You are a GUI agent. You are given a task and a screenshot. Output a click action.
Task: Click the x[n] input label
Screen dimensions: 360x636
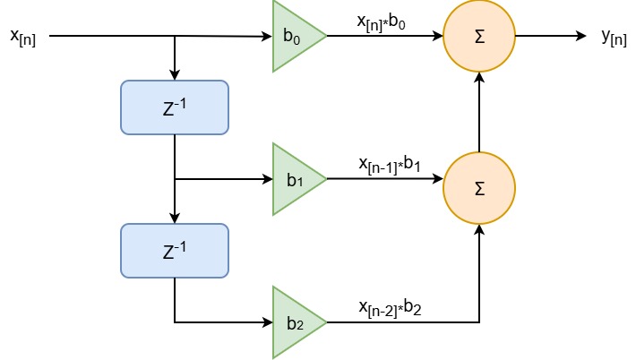coord(22,37)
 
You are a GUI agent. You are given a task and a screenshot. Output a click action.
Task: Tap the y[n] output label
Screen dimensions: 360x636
coord(614,37)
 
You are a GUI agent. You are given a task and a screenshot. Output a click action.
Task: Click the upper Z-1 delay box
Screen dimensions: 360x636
coord(175,107)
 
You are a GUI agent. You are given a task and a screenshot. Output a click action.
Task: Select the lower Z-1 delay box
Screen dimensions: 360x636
coord(175,251)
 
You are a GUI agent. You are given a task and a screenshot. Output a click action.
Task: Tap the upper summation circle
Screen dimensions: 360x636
coord(479,37)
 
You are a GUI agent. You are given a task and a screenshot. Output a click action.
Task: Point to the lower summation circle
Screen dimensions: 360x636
coord(479,188)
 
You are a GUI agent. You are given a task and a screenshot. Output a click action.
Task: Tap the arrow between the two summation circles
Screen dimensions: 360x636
coord(479,112)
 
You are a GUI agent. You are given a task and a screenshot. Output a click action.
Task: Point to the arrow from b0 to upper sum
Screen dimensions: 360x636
coord(385,37)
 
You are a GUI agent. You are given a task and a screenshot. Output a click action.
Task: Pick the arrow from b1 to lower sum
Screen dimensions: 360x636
coord(385,179)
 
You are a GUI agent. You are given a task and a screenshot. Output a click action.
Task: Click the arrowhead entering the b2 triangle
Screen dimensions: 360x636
coord(268,322)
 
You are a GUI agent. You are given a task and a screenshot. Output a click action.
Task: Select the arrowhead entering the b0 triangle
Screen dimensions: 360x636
coord(267,37)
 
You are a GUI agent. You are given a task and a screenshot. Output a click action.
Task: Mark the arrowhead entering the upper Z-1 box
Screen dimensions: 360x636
coord(175,75)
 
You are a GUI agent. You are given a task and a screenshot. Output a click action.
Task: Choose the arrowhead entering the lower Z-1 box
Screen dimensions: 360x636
coord(175,219)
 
